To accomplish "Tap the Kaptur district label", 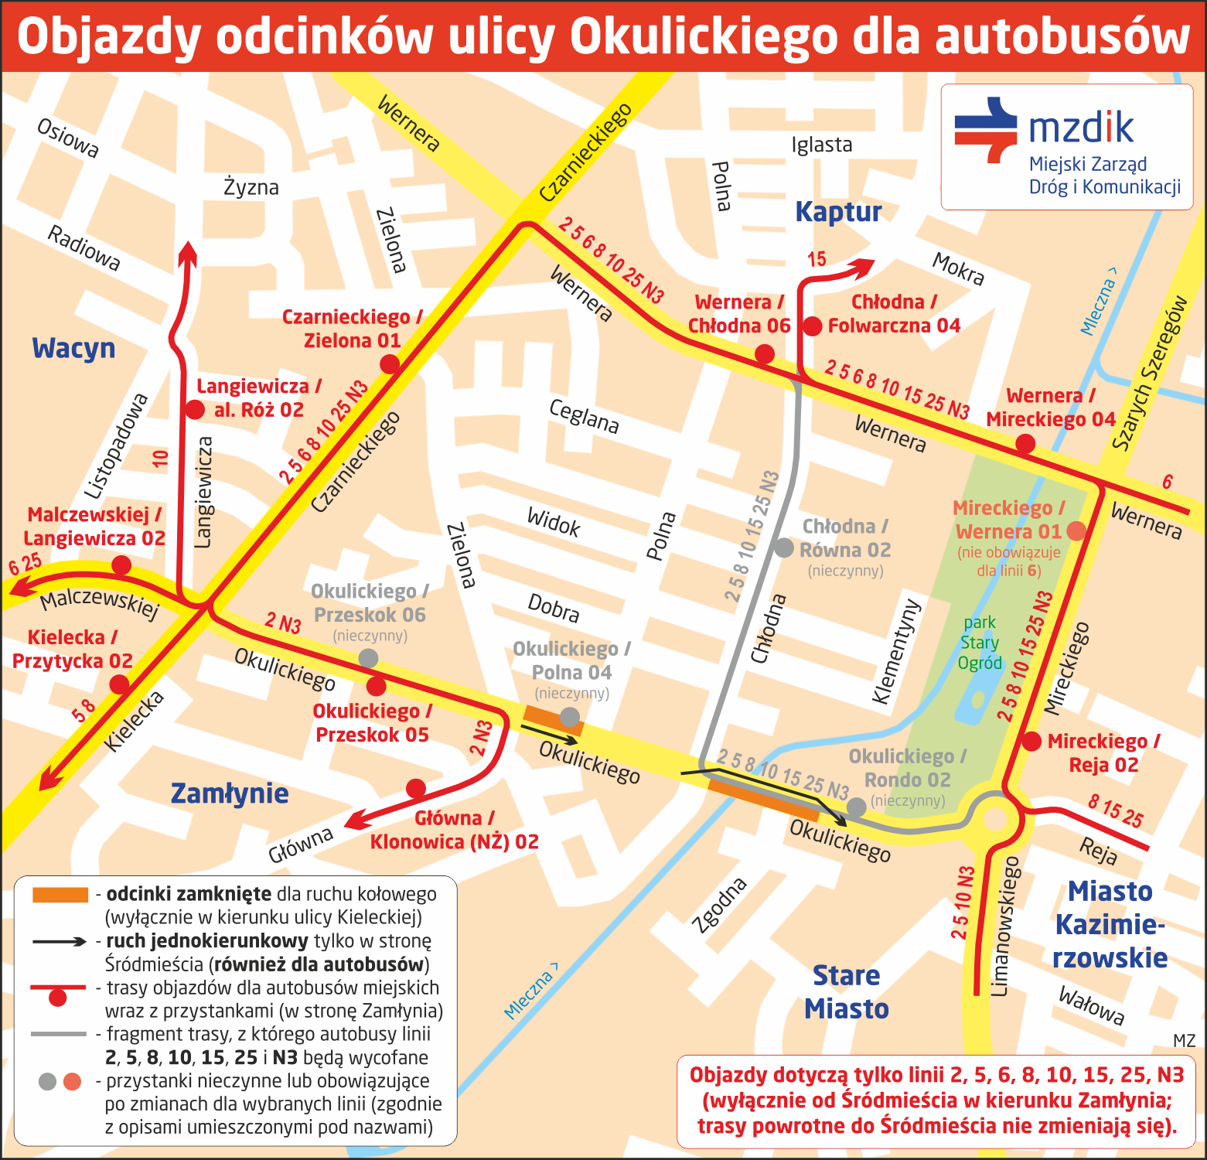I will pyautogui.click(x=838, y=212).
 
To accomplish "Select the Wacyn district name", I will pyautogui.click(x=73, y=349).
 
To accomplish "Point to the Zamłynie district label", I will pyautogui.click(x=229, y=793).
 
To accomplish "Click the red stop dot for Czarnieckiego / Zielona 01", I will pyautogui.click(x=390, y=363).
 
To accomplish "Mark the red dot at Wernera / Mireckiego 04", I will pyautogui.click(x=1025, y=444).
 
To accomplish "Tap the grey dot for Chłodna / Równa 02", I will pyautogui.click(x=784, y=548).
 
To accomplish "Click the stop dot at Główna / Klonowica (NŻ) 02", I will pyautogui.click(x=416, y=788).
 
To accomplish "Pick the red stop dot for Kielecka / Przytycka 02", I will pyautogui.click(x=119, y=684).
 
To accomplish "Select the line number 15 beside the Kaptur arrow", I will pyautogui.click(x=817, y=260).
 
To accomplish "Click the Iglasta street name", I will pyautogui.click(x=821, y=145).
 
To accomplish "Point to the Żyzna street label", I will pyautogui.click(x=251, y=187).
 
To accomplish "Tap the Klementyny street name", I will pyautogui.click(x=897, y=651).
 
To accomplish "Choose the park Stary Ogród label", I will pyautogui.click(x=979, y=643).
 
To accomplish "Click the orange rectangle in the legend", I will pyautogui.click(x=60, y=895).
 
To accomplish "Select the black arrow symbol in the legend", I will pyautogui.click(x=60, y=941).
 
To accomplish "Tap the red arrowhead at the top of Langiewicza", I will pyautogui.click(x=188, y=252).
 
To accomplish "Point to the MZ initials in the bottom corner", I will pyautogui.click(x=1184, y=1041).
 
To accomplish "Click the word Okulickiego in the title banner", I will pyautogui.click(x=704, y=36).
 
